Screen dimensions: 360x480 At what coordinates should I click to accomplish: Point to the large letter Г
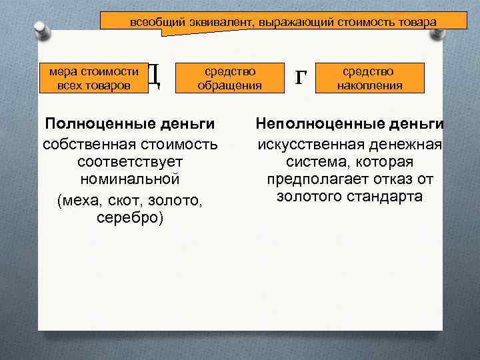[x=301, y=77]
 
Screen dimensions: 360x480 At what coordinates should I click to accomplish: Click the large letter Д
[x=153, y=77]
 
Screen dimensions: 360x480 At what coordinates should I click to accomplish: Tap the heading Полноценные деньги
[x=129, y=124]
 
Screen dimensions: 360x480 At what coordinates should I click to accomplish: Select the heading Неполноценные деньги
[x=350, y=124]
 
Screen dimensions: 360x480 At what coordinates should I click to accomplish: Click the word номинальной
[x=129, y=180]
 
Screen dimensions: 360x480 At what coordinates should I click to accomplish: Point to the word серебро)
[x=129, y=217]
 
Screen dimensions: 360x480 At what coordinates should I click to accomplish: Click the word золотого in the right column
[x=309, y=197]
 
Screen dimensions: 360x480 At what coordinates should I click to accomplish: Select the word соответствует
[x=129, y=162]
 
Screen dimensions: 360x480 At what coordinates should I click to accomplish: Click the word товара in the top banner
[x=418, y=22]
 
